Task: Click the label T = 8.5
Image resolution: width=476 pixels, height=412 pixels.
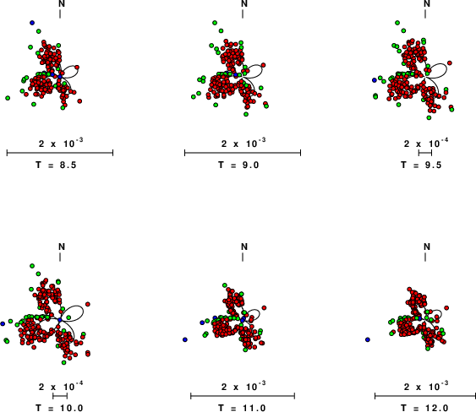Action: pyautogui.click(x=56, y=165)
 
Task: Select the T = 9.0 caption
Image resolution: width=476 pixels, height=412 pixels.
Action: pyautogui.click(x=238, y=165)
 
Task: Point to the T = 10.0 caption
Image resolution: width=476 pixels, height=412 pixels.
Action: pyautogui.click(x=59, y=408)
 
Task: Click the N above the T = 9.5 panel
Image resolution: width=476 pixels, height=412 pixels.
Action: pyautogui.click(x=427, y=3)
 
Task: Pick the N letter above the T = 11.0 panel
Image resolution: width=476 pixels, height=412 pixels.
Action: pyautogui.click(x=244, y=247)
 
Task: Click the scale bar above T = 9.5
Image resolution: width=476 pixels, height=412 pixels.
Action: pyautogui.click(x=425, y=153)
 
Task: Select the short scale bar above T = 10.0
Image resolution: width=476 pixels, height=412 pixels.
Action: pyautogui.click(x=60, y=396)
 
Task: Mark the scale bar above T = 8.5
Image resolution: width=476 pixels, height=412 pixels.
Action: pyautogui.click(x=60, y=153)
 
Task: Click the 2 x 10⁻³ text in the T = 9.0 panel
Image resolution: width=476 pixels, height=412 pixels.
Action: pyautogui.click(x=243, y=143)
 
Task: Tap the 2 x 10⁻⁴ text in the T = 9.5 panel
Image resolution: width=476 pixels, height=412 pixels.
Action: pyautogui.click(x=426, y=143)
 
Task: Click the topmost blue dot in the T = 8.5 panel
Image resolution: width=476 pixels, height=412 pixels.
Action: pyautogui.click(x=32, y=23)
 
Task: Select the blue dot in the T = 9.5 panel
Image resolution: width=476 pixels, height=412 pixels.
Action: pyautogui.click(x=375, y=80)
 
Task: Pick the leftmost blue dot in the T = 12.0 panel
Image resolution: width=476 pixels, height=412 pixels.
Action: pyautogui.click(x=368, y=339)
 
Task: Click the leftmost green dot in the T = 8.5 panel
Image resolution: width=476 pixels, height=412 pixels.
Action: pyautogui.click(x=8, y=98)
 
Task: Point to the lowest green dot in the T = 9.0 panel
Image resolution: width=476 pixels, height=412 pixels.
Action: pyautogui.click(x=246, y=114)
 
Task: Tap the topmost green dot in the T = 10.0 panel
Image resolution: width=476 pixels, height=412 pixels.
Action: pyautogui.click(x=32, y=266)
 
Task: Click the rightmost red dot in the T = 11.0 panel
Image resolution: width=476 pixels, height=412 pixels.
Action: pyautogui.click(x=264, y=307)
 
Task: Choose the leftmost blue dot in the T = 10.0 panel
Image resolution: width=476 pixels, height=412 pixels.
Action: pyautogui.click(x=3, y=324)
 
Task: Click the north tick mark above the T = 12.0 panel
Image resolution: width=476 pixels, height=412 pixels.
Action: pyautogui.click(x=425, y=257)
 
